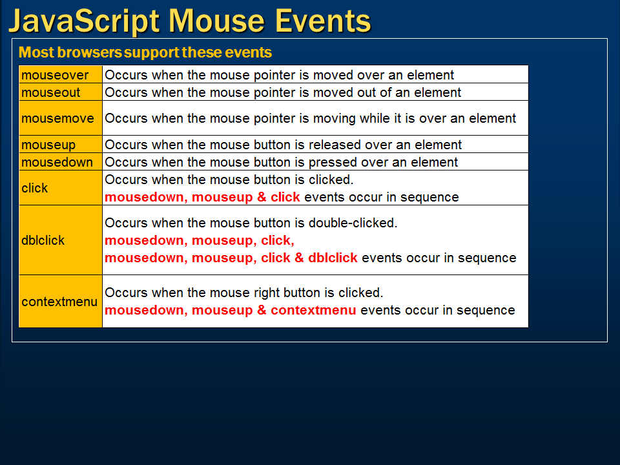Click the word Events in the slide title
[323, 21]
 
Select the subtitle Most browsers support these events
[145, 52]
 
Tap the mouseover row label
[55, 75]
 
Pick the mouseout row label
[51, 92]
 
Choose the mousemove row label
[57, 118]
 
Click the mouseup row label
[48, 145]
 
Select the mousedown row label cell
[57, 162]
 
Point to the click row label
[35, 188]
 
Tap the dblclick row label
[43, 240]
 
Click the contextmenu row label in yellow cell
[59, 302]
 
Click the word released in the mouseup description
[336, 145]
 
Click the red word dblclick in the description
[333, 258]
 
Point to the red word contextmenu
[313, 310]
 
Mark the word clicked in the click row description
[331, 180]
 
